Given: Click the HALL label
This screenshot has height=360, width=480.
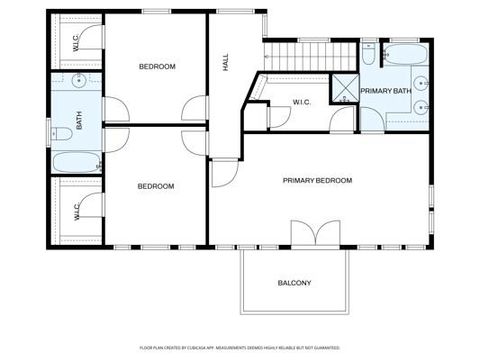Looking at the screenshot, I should (226, 62).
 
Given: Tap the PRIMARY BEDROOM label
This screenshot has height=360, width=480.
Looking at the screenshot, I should (317, 180).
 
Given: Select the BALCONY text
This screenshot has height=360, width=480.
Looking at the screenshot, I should (294, 283).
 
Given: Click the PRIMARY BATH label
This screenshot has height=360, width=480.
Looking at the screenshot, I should (386, 91).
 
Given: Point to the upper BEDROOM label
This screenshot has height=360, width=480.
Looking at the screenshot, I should (156, 66).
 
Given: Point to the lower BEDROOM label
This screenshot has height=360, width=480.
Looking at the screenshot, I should (155, 186).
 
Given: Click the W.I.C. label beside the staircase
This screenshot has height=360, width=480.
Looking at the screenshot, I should (304, 102).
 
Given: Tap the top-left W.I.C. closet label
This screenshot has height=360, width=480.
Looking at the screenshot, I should (77, 41).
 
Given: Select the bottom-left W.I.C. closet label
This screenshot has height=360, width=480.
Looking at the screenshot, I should (77, 211).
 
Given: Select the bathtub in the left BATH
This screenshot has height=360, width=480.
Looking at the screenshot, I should (75, 161).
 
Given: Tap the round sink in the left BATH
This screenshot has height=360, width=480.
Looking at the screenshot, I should (78, 78).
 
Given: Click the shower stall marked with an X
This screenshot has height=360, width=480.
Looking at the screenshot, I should (346, 90).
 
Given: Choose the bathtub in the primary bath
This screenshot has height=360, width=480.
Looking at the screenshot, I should (407, 53).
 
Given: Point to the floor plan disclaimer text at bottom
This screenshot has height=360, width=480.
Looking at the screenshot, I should (239, 346).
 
